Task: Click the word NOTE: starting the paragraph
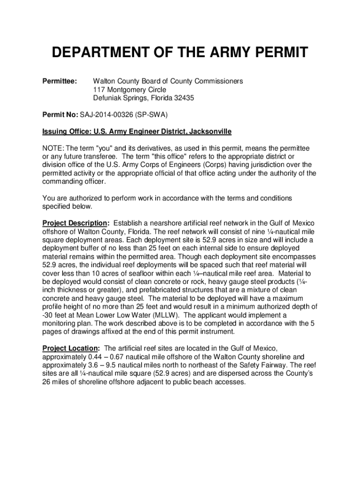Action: pos(52,148)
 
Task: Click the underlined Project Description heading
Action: pos(75,224)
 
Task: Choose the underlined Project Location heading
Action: pos(70,348)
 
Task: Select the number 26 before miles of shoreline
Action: pos(47,382)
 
